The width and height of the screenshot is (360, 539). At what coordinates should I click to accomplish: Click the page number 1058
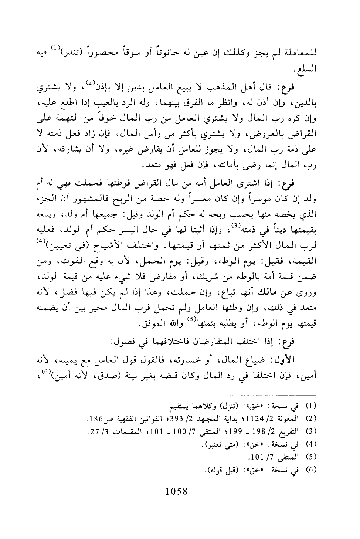(x=177, y=491)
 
